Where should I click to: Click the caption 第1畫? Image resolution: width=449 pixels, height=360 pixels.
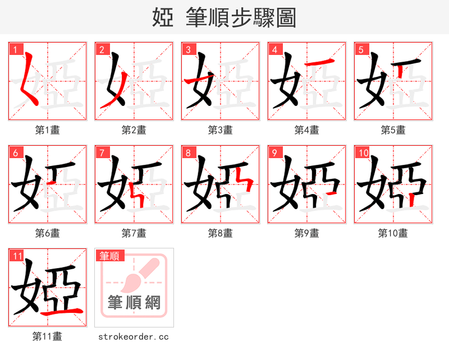(x=47, y=130)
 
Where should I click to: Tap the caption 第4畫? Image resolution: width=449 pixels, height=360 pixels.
(x=306, y=130)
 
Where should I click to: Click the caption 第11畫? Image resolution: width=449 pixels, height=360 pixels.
(x=47, y=336)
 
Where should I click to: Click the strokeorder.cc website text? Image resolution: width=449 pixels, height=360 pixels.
(x=134, y=336)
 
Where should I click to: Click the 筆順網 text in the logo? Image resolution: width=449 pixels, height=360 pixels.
(x=134, y=303)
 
